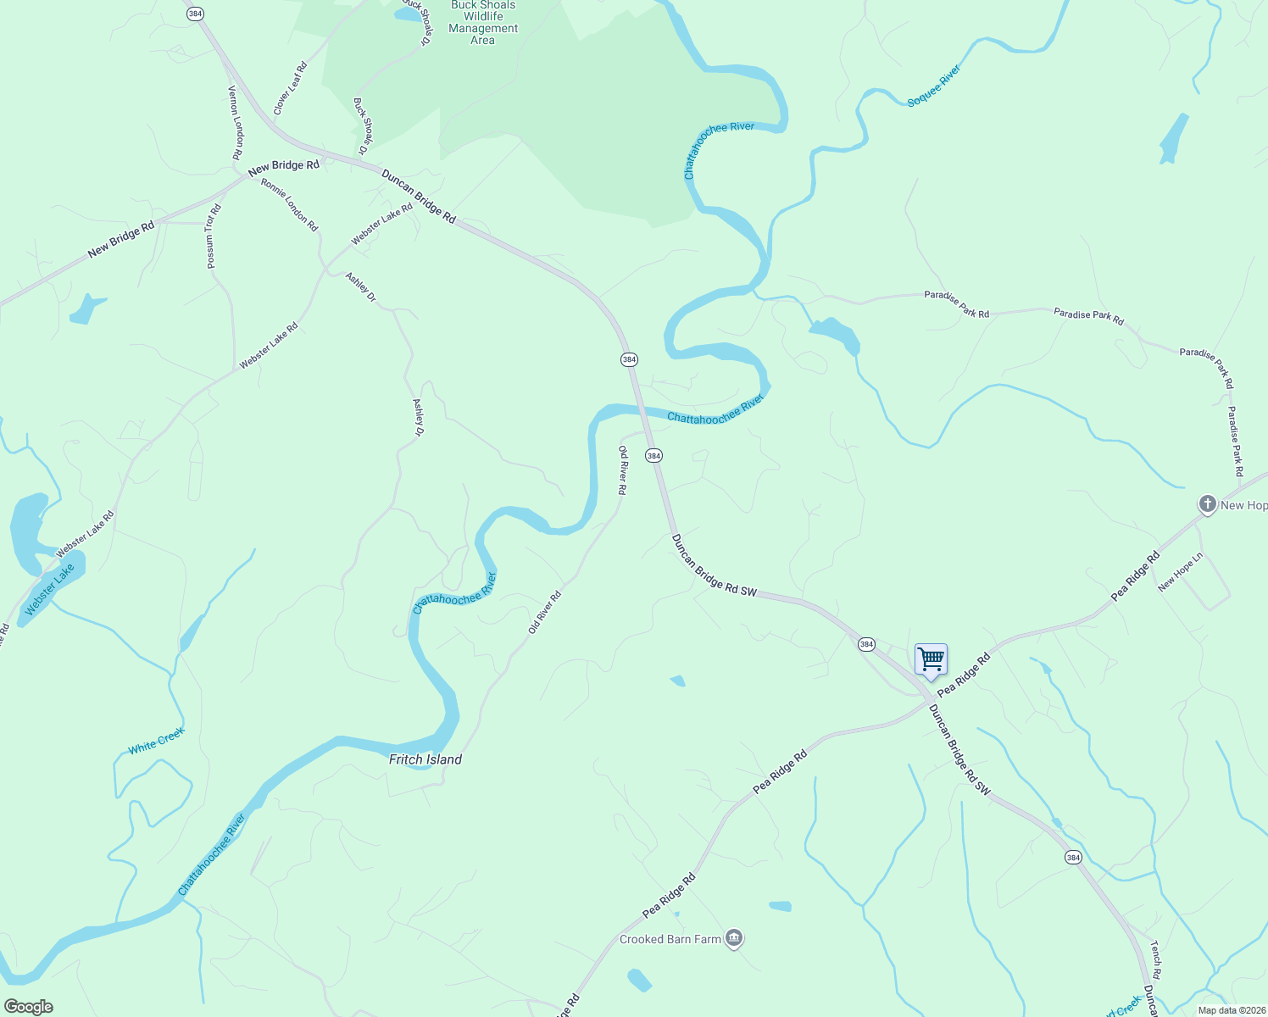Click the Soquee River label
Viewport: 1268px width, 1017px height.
click(934, 86)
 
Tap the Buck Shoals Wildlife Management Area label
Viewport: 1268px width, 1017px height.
click(483, 22)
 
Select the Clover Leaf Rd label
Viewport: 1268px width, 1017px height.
click(290, 88)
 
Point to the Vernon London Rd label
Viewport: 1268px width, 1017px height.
click(236, 123)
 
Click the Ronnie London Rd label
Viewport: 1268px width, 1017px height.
click(289, 204)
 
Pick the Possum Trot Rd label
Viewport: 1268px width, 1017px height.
click(213, 236)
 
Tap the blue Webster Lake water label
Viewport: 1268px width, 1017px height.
click(50, 590)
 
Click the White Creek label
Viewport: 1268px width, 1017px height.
click(156, 741)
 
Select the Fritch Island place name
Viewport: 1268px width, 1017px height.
click(425, 759)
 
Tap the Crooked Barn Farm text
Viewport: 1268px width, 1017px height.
click(670, 939)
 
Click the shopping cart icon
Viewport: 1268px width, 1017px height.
click(931, 659)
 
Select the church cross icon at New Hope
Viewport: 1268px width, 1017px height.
click(1207, 504)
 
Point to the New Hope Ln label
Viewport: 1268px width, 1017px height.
click(1180, 572)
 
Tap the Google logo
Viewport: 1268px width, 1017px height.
click(29, 1007)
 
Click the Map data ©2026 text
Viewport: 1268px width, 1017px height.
click(1232, 1010)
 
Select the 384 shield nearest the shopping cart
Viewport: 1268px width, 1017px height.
click(866, 644)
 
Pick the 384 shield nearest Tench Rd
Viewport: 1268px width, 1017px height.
click(1073, 858)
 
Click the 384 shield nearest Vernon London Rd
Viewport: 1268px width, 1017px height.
click(197, 14)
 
